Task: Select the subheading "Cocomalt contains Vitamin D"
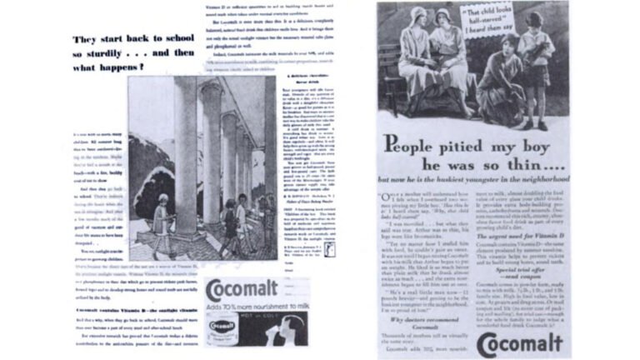tap(123, 309)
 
